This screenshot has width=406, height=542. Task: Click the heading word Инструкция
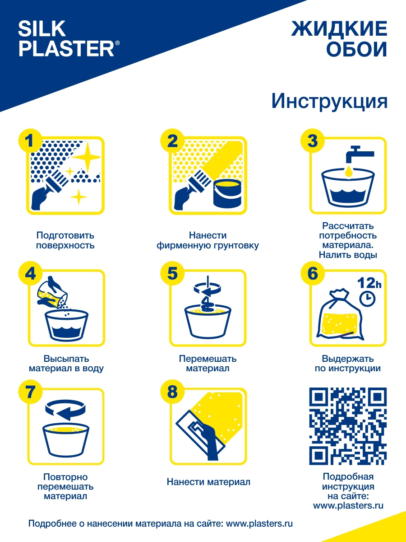pos(329,101)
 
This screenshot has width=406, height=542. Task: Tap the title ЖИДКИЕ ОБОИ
pos(339,39)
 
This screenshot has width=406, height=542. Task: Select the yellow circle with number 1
pos(30,141)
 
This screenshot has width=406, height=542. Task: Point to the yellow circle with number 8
pos(172,391)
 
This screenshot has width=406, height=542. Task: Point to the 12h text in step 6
pos(369,283)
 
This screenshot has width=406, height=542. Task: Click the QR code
pos(348,426)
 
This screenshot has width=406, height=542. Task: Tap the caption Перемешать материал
pos(208,364)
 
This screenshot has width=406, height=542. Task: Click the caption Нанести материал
pos(208,482)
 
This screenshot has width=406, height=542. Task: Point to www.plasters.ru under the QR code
pos(348,505)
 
